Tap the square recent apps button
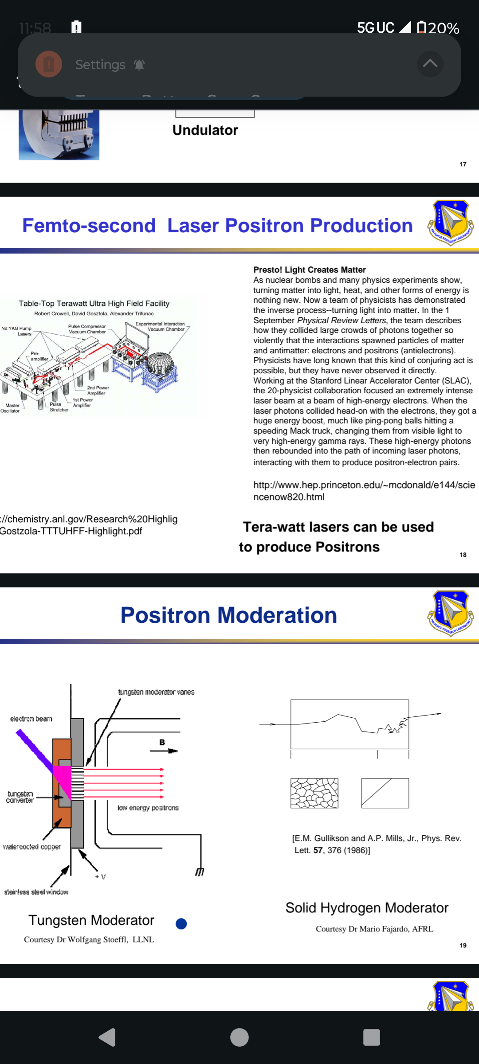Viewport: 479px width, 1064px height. click(371, 1037)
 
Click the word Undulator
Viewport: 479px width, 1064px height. click(205, 130)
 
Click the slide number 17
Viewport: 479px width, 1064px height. click(463, 164)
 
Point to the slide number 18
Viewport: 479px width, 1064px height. click(463, 555)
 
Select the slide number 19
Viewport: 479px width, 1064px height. click(463, 945)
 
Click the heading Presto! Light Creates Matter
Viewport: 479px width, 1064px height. click(309, 270)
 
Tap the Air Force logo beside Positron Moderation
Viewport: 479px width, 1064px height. click(451, 613)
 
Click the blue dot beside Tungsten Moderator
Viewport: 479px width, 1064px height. click(181, 923)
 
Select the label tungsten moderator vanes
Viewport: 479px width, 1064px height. click(156, 692)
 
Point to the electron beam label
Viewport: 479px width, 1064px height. click(31, 719)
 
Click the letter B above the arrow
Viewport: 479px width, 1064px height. click(162, 742)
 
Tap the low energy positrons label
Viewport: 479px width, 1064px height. click(148, 808)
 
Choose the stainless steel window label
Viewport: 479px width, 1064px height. click(36, 892)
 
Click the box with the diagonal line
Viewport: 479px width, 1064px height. click(385, 793)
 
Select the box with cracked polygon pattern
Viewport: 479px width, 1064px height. click(314, 793)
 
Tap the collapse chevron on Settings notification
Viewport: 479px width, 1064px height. click(430, 64)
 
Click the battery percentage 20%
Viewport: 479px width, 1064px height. click(444, 28)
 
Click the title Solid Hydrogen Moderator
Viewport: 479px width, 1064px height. click(367, 908)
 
